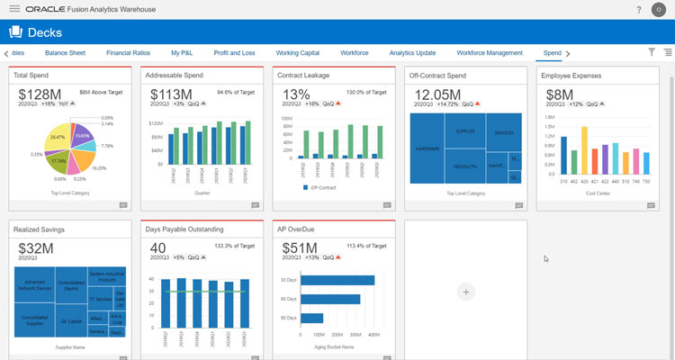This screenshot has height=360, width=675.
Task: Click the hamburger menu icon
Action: point(14,9)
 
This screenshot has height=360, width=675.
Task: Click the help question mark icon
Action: point(638,10)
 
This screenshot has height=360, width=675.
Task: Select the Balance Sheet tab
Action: point(64,53)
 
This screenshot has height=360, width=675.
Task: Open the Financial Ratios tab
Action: point(128,53)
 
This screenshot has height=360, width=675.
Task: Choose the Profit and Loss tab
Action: point(234,53)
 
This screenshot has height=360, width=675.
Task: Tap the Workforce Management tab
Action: point(489,53)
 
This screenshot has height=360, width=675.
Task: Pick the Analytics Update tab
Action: point(412,53)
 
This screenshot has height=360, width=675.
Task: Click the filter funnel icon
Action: point(652,53)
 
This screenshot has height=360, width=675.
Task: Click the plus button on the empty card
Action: point(465,292)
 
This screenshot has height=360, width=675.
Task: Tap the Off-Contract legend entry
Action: point(324,187)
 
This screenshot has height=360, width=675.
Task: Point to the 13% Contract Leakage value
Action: point(296,94)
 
